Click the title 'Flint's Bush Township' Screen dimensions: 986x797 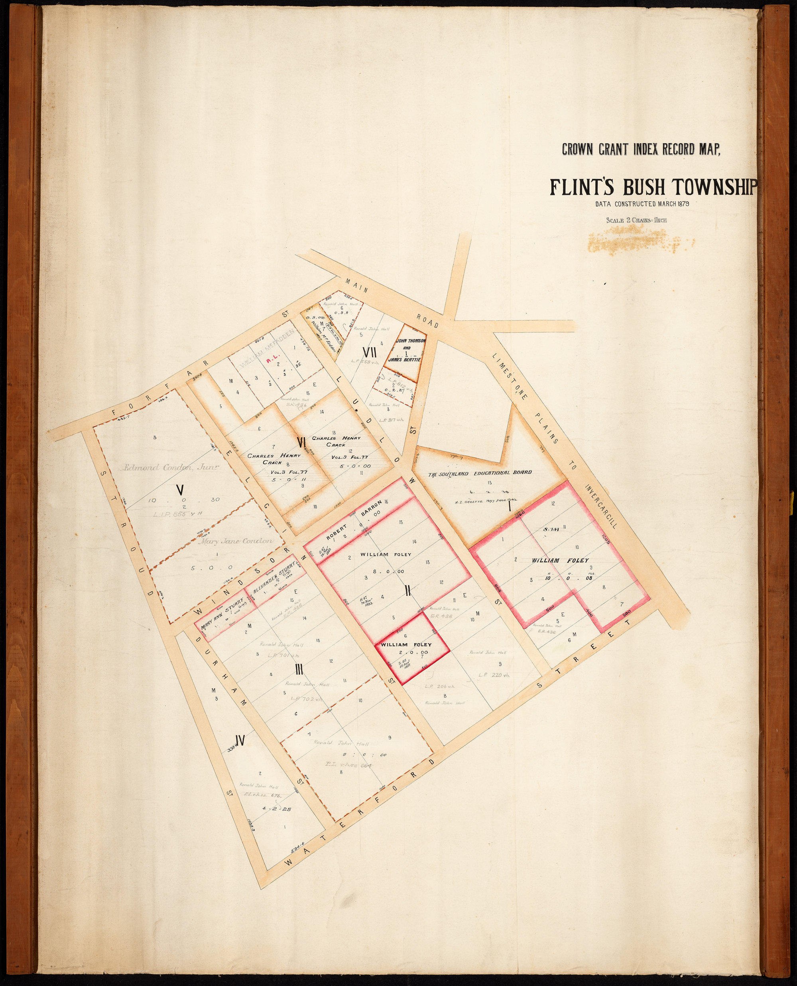[654, 187]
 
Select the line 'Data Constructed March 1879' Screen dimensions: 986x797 [642, 204]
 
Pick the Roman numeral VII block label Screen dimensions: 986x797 [370, 352]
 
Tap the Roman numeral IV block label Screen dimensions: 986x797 [239, 740]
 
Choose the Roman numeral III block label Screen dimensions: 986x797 [299, 670]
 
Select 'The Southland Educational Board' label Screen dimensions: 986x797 [480, 473]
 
